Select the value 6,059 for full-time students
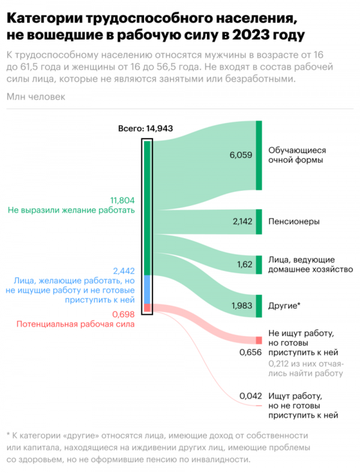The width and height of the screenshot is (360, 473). coord(241,155)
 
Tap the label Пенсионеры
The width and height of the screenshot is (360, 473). coord(293,221)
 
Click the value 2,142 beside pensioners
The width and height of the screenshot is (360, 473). coord(242,221)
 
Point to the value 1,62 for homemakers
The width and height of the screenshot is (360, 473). coord(246,264)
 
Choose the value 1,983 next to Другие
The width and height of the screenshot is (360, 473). coord(242,306)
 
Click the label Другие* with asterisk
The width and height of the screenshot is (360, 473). coord(284,306)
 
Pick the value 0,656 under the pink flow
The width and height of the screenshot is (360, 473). coord(250,352)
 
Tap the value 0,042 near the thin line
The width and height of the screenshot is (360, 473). coord(250,396)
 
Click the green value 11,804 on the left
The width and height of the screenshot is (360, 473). coord(122,200)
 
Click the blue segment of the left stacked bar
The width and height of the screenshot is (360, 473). coord(147,289)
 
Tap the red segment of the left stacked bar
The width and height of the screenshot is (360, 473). coord(147,308)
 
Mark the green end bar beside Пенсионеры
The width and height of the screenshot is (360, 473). coord(259,221)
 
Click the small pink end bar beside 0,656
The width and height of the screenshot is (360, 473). coord(259,340)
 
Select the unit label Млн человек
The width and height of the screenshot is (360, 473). coord(35,97)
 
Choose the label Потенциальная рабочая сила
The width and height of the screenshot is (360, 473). coord(75,324)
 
